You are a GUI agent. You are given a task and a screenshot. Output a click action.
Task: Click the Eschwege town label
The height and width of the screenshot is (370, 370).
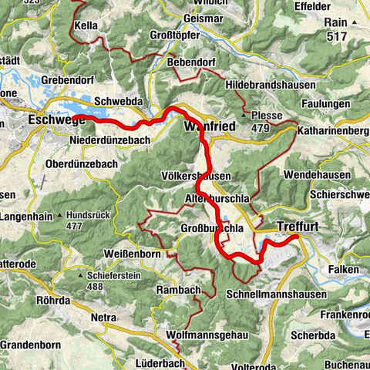[53, 120]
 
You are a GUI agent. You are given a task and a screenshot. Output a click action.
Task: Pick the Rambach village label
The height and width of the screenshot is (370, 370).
[179, 289]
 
